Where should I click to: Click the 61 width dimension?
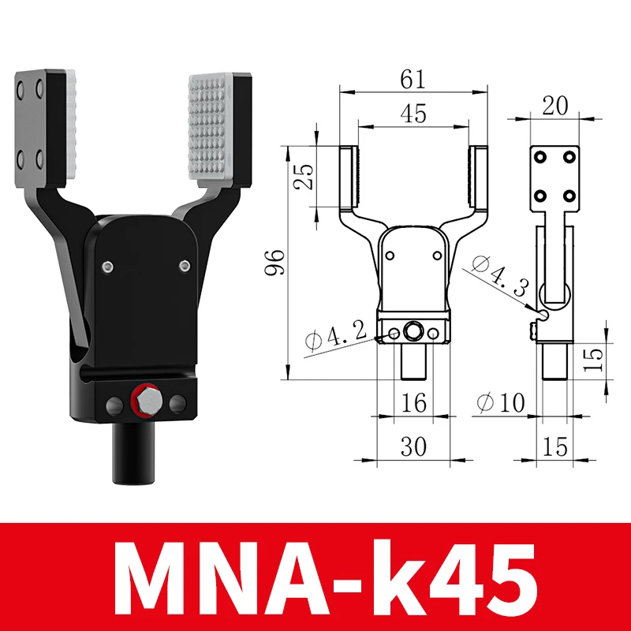point(413,80)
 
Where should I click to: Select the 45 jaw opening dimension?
point(413,114)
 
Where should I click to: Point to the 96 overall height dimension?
point(274,263)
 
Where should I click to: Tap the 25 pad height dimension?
point(303,177)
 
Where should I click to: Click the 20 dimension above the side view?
point(555,106)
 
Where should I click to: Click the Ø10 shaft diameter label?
point(501,402)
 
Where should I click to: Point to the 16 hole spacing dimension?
point(413,402)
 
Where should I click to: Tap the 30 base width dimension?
point(413,446)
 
